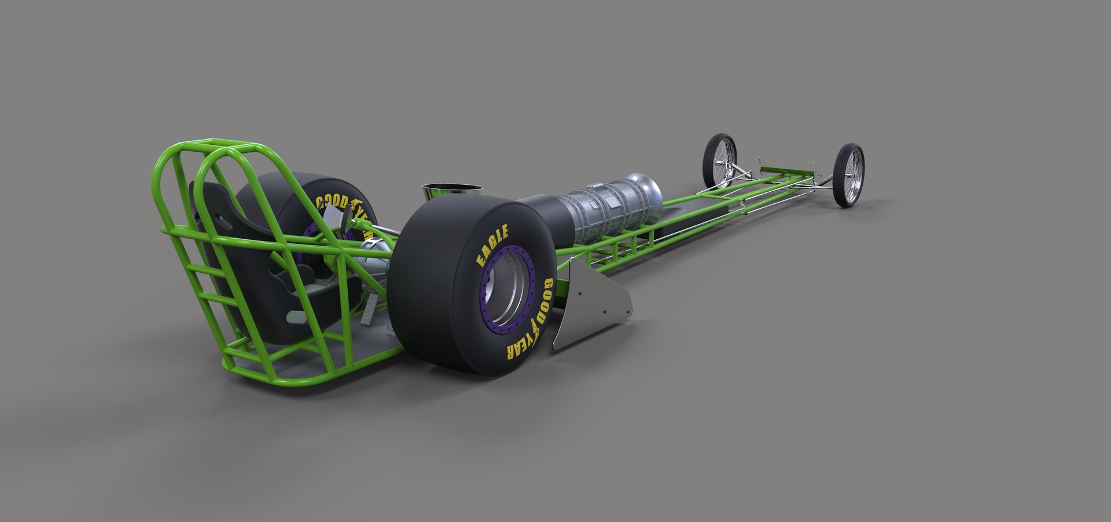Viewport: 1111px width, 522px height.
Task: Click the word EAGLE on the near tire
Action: click(492, 246)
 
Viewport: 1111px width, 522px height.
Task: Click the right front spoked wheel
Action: click(849, 175)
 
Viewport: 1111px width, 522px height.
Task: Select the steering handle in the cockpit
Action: click(334, 217)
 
